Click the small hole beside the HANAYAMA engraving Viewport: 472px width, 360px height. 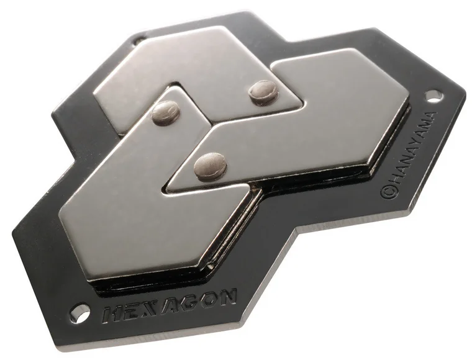click(x=434, y=96)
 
